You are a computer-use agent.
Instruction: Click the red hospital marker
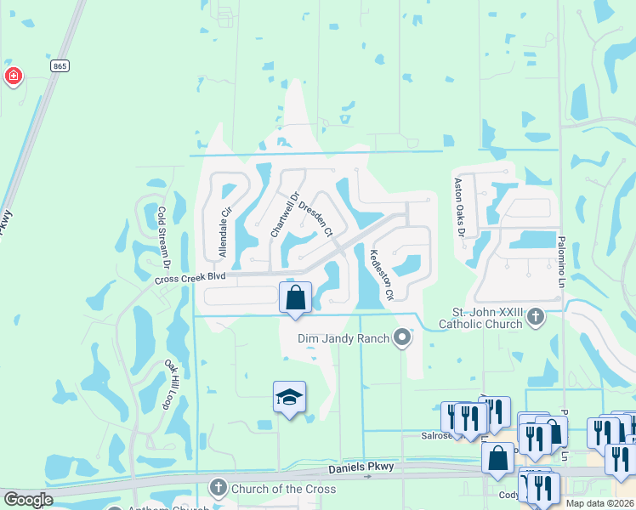click(13, 78)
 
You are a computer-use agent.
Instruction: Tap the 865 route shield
click(59, 66)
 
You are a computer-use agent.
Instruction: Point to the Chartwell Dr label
click(284, 215)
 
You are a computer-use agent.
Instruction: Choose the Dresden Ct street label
click(315, 218)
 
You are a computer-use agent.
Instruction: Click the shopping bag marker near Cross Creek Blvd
click(295, 299)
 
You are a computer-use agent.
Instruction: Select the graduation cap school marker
click(289, 397)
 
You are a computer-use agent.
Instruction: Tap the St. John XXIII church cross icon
click(536, 317)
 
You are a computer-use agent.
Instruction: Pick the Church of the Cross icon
click(218, 488)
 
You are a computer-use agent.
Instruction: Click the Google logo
click(27, 501)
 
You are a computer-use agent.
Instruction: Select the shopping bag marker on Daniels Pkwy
click(497, 457)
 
